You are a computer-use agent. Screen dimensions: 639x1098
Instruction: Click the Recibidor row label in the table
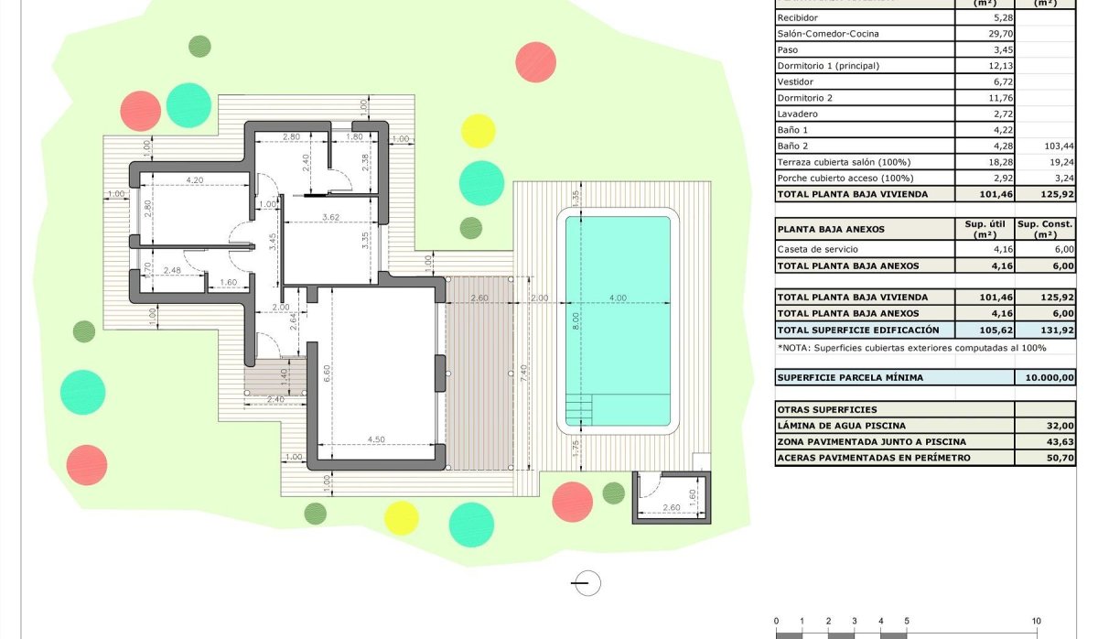[798, 17]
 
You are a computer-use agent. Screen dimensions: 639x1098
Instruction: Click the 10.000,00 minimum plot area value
[1053, 378]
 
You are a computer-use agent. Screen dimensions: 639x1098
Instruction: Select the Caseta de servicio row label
[818, 249]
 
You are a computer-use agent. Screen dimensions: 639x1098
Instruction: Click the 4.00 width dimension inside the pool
[618, 297]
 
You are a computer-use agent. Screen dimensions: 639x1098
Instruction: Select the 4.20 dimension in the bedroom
[193, 180]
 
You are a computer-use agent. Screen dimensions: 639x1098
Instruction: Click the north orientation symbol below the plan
[585, 582]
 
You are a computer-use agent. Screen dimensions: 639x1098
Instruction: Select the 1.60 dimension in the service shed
[694, 495]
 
